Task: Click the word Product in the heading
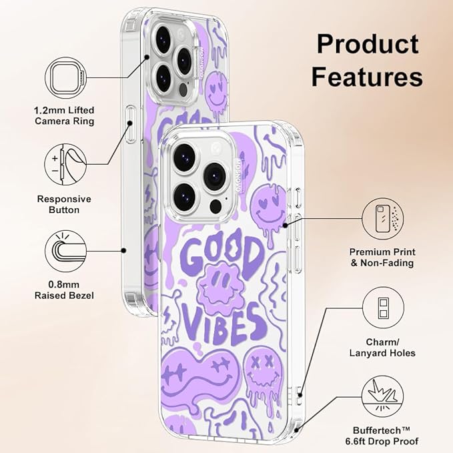368,44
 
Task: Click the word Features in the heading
367,77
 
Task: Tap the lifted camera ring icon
66,78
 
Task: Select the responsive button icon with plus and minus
65,164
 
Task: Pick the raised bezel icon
66,251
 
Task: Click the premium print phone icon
383,219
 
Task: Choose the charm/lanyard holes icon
383,308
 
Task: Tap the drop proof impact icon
382,396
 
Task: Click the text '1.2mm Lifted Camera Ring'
65,115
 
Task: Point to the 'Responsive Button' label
64,204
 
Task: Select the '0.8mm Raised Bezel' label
64,290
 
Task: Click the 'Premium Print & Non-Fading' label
382,258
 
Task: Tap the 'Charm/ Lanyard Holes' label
382,348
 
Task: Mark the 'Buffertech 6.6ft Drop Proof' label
382,436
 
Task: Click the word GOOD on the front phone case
220,252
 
